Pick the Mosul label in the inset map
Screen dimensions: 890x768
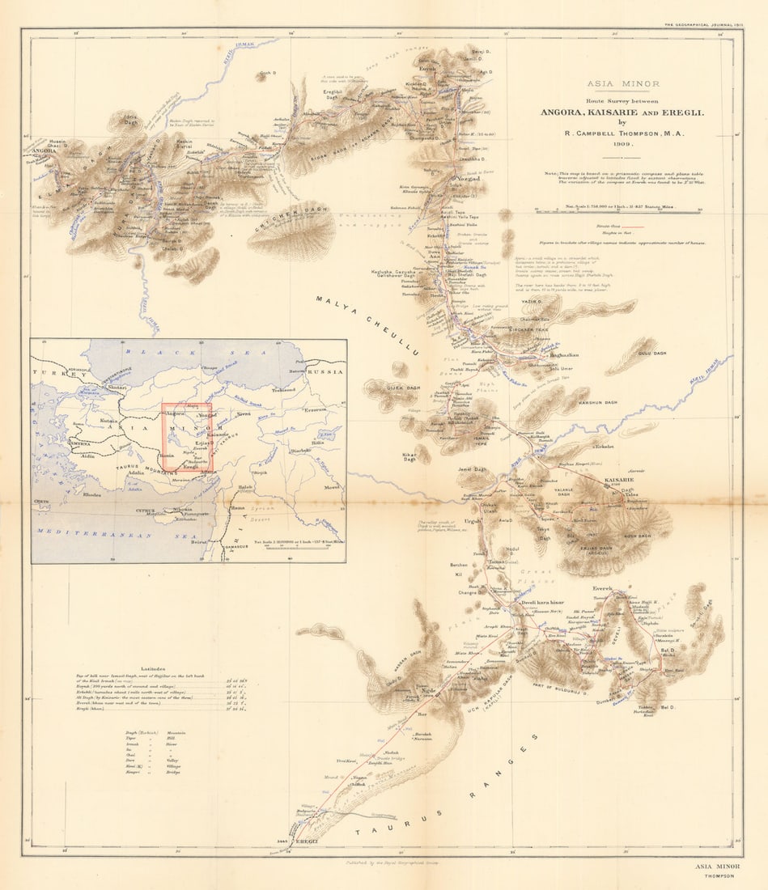pyautogui.click(x=332, y=487)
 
